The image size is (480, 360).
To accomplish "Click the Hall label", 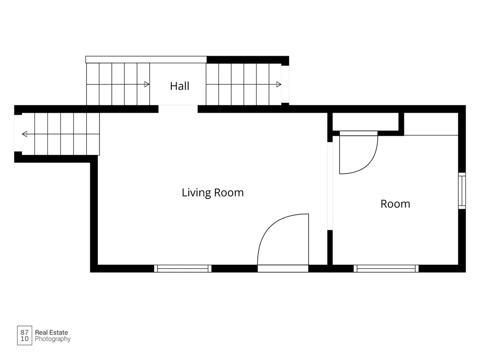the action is click(180, 86).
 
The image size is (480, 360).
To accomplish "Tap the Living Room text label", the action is click(213, 192).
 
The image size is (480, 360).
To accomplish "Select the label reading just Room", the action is click(395, 204).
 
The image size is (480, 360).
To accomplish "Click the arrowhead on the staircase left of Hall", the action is click(146, 84).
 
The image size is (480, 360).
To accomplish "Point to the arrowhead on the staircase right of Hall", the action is click(278, 84).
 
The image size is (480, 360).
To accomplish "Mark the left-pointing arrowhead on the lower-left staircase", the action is click(24, 134).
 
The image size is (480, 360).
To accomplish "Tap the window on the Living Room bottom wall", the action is click(183, 269).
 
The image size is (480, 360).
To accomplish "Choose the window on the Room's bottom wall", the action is click(386, 269).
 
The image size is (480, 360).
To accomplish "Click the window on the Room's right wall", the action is click(462, 191).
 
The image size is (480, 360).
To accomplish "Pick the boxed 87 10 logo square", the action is click(24, 336).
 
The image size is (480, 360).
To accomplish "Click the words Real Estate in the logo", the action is click(51, 333).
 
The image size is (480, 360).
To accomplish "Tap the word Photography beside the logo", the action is click(53, 339).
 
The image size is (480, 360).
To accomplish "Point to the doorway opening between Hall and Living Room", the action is click(178, 109).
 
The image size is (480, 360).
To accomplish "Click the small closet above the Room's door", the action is click(365, 122).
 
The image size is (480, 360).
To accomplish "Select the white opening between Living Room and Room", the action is click(330, 186).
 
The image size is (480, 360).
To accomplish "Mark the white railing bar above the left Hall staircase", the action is click(146, 60).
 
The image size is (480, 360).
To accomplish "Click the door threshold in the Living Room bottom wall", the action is click(283, 269).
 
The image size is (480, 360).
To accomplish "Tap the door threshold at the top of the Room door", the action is click(359, 133).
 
